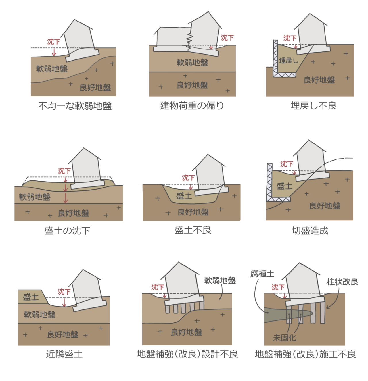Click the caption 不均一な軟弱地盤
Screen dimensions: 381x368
(x=75, y=106)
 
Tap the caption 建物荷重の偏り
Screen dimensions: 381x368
(x=192, y=106)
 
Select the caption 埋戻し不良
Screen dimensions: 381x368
(x=313, y=106)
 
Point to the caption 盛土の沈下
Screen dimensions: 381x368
(x=67, y=231)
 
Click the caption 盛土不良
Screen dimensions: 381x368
(x=193, y=230)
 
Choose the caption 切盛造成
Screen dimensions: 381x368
(x=310, y=231)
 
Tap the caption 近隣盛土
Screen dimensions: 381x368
(x=64, y=354)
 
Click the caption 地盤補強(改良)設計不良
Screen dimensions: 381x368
(x=187, y=354)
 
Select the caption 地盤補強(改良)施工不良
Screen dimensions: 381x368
(x=305, y=354)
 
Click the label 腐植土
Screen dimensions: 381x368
(x=262, y=274)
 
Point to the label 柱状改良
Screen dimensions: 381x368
(x=342, y=282)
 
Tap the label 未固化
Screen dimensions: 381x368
(x=284, y=338)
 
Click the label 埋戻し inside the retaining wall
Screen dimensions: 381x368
(x=288, y=61)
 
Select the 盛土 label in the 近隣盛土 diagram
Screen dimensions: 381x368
(x=31, y=297)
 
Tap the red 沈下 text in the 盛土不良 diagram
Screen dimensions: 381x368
(x=188, y=178)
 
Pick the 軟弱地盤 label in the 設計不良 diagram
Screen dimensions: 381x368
(x=220, y=280)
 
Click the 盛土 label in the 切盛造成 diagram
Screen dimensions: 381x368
(x=284, y=186)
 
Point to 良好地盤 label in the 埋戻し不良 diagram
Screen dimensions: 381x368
(x=319, y=80)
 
